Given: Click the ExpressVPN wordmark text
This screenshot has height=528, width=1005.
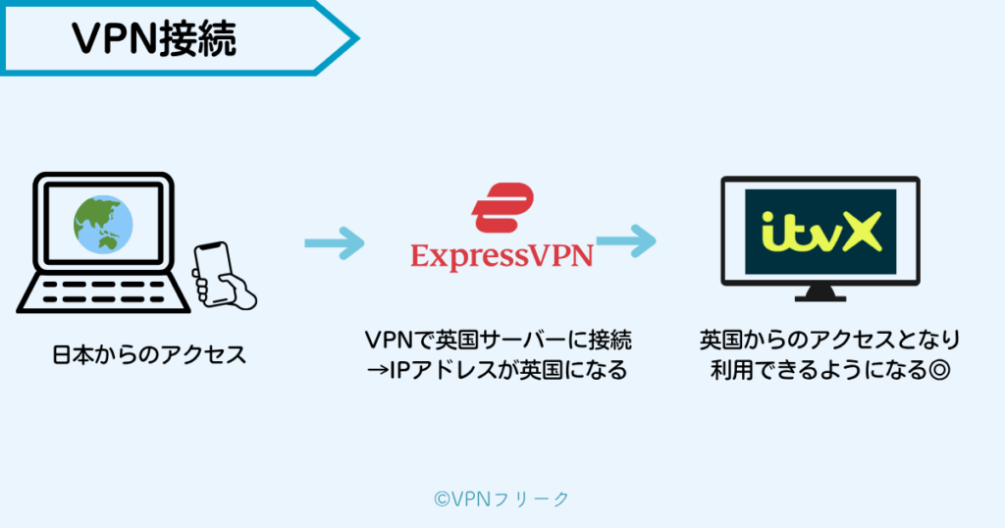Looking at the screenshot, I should pyautogui.click(x=502, y=256).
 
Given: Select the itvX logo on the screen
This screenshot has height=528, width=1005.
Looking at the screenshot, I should pyautogui.click(x=820, y=233).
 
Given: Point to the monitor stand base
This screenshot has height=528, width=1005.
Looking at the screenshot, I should pyautogui.click(x=820, y=295).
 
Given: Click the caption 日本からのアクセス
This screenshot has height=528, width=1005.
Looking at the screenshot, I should pyautogui.click(x=148, y=354).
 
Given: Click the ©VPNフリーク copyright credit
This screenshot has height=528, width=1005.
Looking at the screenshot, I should pyautogui.click(x=502, y=499).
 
